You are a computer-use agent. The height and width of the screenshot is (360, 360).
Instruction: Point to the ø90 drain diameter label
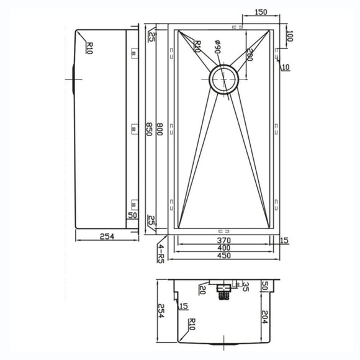[x=218, y=47]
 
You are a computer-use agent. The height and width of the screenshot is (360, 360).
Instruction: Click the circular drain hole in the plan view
[x=223, y=79]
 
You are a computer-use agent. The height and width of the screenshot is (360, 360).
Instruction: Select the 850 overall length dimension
[x=149, y=129]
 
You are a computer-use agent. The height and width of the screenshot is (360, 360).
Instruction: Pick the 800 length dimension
[x=160, y=129]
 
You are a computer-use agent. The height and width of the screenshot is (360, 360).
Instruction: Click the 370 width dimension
[x=223, y=240]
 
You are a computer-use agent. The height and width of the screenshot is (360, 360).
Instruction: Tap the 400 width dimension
[x=223, y=248]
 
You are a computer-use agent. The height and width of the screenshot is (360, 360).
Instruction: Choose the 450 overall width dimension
[x=223, y=256]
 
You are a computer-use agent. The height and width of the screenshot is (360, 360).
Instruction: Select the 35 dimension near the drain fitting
[x=245, y=287]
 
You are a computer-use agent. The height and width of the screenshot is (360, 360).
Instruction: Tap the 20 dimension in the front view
[x=202, y=289]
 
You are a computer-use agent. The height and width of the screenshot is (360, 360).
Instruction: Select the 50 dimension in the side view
[x=132, y=215]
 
